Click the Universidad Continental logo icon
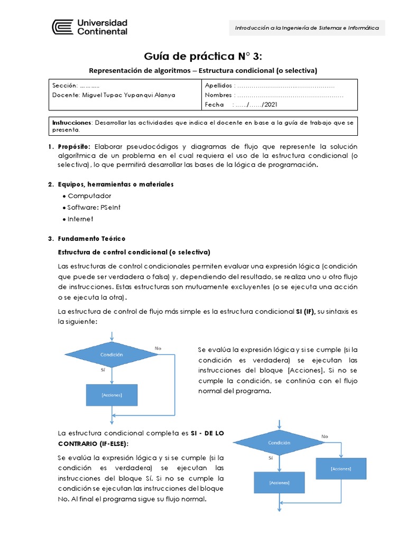pyautogui.click(x=62, y=27)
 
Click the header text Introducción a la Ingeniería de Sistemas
pyautogui.click(x=307, y=28)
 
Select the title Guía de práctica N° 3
pyautogui.click(x=202, y=57)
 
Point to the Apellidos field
pyautogui.click(x=218, y=85)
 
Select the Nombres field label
pyautogui.click(x=218, y=95)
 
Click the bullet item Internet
pyautogui.click(x=80, y=219)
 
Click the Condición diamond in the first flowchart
pyautogui.click(x=112, y=355)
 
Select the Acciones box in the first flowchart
pyautogui.click(x=112, y=395)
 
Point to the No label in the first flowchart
pyautogui.click(x=158, y=348)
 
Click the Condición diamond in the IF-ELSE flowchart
pyautogui.click(x=279, y=443)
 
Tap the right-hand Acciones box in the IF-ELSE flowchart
pyautogui.click(x=340, y=469)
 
